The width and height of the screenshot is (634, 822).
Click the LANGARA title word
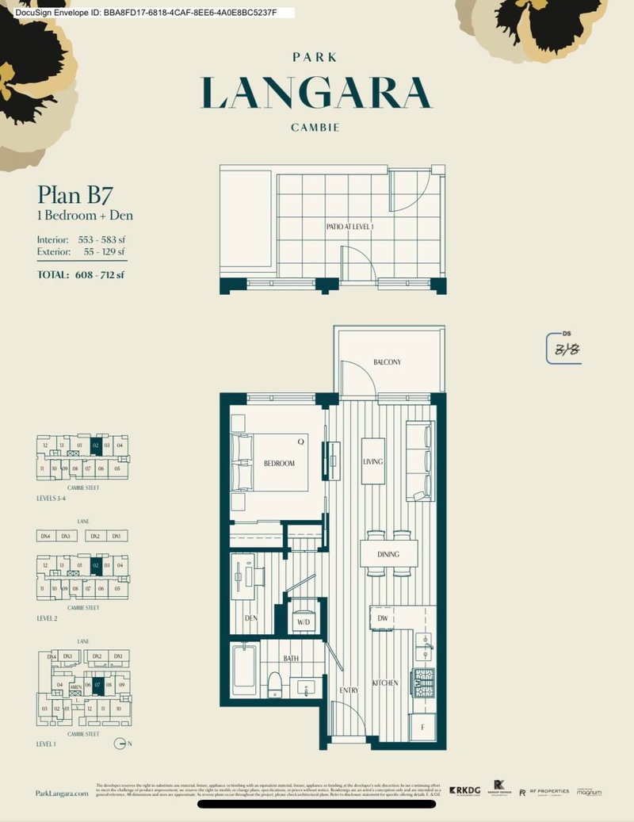click(316, 92)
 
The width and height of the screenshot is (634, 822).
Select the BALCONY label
click(388, 362)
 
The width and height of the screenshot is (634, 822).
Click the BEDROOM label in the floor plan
click(279, 463)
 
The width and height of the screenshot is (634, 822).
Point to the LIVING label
click(373, 461)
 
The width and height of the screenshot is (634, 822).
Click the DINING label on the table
click(388, 554)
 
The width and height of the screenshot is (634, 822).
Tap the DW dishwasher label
click(382, 618)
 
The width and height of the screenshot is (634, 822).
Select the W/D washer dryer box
click(303, 621)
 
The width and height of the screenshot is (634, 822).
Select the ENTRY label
click(349, 690)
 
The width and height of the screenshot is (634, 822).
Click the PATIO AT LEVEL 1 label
click(349, 227)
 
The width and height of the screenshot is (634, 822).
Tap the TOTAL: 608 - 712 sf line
click(81, 275)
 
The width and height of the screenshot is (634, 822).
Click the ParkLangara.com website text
click(63, 793)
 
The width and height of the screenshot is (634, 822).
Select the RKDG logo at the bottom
click(465, 790)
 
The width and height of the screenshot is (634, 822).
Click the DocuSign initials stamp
click(563, 349)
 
